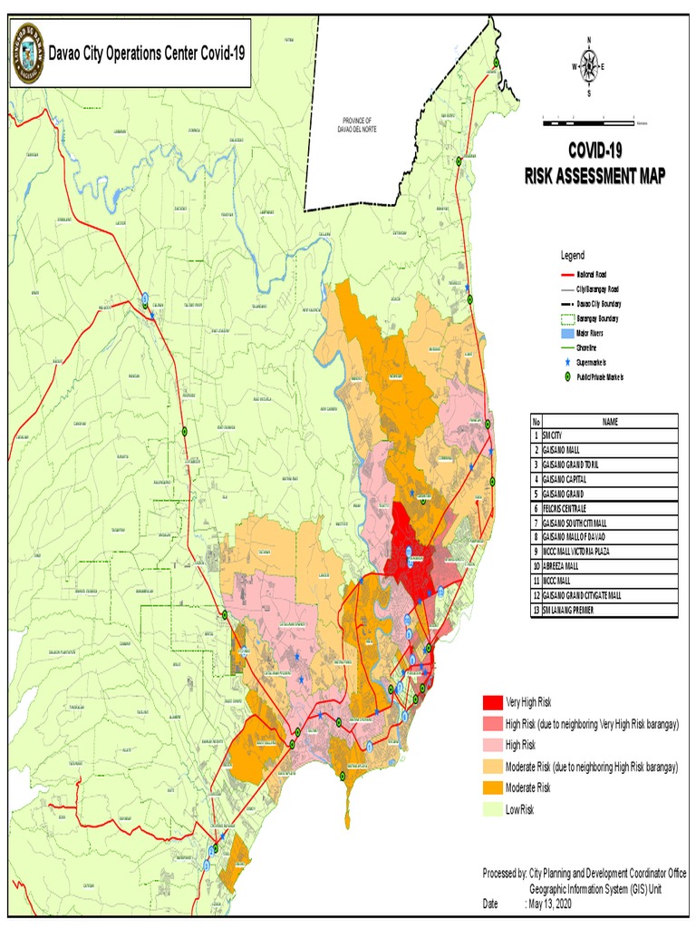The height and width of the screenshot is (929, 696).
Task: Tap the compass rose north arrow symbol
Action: (589, 66)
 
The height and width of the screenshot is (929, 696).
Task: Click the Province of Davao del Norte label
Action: (357, 125)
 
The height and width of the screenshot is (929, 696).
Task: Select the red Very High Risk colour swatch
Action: (492, 702)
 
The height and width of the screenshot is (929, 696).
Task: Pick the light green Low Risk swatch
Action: (492, 809)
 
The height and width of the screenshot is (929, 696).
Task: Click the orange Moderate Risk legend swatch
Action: (492, 787)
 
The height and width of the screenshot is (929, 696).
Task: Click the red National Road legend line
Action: (565, 274)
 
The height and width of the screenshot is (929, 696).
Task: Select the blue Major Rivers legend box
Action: (565, 333)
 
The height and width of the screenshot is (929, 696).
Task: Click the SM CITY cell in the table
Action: (552, 436)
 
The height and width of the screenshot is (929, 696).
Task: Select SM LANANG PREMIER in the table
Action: (570, 611)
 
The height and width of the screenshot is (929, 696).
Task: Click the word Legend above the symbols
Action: (573, 256)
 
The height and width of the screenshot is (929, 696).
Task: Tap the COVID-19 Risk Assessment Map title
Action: (594, 163)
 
